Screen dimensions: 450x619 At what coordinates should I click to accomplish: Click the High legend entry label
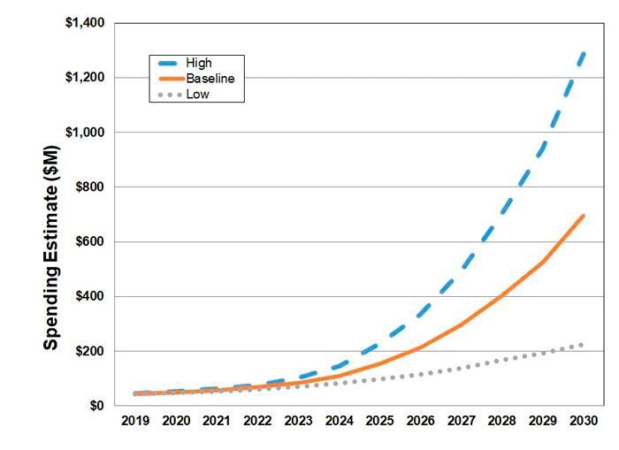click(x=197, y=64)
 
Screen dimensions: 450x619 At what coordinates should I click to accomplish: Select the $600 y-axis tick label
click(x=90, y=241)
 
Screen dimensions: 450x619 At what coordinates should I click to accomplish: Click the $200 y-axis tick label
click(x=90, y=351)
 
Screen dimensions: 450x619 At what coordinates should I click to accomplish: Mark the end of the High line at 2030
click(x=584, y=52)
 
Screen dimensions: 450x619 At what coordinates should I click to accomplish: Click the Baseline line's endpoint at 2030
click(x=584, y=215)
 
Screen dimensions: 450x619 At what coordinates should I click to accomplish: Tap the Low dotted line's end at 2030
click(x=584, y=345)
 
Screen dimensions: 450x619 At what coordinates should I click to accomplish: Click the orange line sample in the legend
click(x=167, y=79)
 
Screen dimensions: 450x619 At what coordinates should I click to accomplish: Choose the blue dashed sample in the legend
click(x=167, y=64)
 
